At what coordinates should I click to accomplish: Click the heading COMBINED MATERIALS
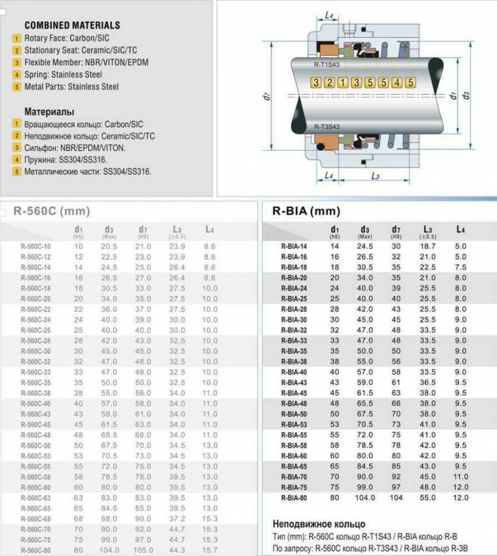click(72, 25)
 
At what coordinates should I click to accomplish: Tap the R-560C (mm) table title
click(52, 211)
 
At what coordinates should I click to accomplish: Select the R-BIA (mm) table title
click(306, 211)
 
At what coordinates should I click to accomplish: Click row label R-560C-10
click(36, 246)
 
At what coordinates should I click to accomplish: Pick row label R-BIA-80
click(294, 498)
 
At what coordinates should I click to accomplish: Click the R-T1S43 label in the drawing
click(327, 65)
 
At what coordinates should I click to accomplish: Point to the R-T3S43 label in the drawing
click(327, 127)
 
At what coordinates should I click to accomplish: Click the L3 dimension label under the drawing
click(375, 176)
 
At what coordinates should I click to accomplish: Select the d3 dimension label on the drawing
click(467, 95)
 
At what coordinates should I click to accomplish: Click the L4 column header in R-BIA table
click(460, 230)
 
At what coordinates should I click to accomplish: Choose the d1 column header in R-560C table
click(79, 230)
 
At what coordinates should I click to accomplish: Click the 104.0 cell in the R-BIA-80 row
click(365, 498)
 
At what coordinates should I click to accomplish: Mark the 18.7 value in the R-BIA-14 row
click(428, 246)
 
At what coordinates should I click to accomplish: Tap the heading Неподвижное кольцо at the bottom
click(318, 524)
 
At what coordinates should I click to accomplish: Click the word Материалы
click(49, 112)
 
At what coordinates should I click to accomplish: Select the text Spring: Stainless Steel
click(63, 75)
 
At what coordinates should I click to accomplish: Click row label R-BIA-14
click(294, 246)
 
